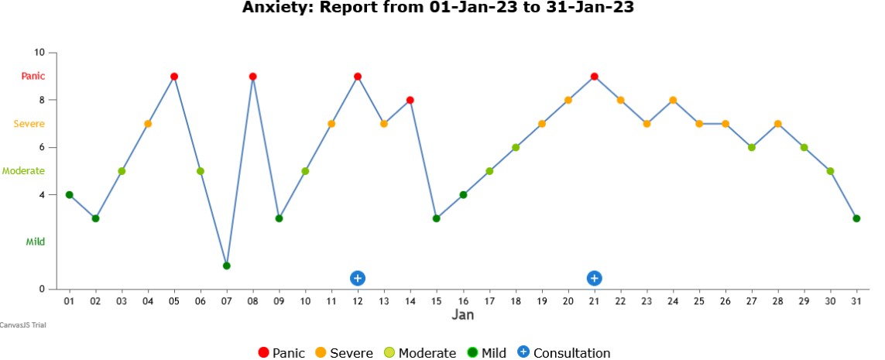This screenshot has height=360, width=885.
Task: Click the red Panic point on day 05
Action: (x=174, y=77)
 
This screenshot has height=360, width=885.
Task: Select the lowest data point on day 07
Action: (x=227, y=266)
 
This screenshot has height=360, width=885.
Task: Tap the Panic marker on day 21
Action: (x=594, y=77)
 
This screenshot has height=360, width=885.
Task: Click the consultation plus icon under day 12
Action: (x=358, y=278)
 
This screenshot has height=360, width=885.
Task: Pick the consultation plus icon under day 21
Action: (x=594, y=278)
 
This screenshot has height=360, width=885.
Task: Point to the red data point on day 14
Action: (x=410, y=100)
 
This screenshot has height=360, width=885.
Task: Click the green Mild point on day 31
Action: (x=856, y=218)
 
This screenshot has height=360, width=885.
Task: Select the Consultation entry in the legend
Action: (x=571, y=353)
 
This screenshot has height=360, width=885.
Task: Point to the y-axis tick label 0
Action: (x=43, y=290)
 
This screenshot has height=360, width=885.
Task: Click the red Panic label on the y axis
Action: (x=33, y=76)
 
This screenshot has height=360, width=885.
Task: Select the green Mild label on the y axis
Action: (x=35, y=242)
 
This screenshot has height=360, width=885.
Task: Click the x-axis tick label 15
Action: (x=437, y=301)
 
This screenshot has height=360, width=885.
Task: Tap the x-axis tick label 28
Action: (x=777, y=301)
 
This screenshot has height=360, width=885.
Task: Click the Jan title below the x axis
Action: (x=463, y=315)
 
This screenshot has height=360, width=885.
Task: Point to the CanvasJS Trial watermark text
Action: (x=22, y=325)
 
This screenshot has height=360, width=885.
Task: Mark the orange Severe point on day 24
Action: (x=673, y=100)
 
